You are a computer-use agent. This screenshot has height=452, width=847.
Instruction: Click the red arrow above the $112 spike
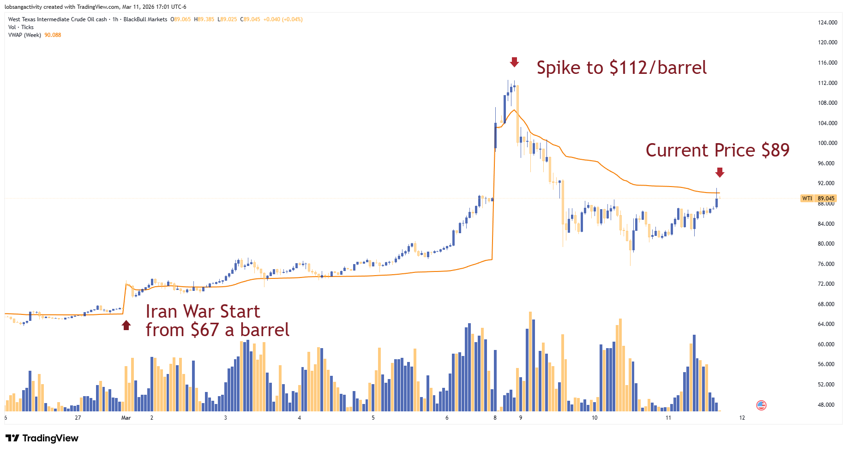(x=514, y=62)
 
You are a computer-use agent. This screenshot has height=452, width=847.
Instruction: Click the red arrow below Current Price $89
(x=720, y=173)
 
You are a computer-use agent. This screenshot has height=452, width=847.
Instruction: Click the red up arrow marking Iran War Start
(x=126, y=325)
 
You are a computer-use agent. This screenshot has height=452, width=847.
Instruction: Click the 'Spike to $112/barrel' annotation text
(x=621, y=68)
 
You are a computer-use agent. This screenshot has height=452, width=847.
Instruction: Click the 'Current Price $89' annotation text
(x=717, y=150)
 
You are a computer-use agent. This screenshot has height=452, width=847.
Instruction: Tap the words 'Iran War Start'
(x=203, y=312)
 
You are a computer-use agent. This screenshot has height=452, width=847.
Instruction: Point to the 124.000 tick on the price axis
(x=827, y=22)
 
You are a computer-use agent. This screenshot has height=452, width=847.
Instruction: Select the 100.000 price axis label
(x=827, y=143)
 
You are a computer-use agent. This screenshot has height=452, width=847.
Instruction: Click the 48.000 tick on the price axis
(x=826, y=405)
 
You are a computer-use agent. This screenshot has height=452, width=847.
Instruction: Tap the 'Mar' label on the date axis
(x=126, y=418)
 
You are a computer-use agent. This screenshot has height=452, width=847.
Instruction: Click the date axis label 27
(x=78, y=418)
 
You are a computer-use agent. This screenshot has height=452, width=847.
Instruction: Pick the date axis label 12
(x=742, y=418)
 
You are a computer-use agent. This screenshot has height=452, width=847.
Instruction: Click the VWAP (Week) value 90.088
(x=53, y=35)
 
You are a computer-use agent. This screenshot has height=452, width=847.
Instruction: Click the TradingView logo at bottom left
(x=42, y=438)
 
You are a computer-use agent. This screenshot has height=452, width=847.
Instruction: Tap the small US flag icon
(x=761, y=405)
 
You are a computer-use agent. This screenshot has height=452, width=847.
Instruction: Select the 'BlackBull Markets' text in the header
(x=145, y=19)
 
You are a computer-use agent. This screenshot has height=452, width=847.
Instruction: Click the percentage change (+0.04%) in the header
(x=293, y=19)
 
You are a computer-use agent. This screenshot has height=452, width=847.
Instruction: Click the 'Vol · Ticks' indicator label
(x=21, y=27)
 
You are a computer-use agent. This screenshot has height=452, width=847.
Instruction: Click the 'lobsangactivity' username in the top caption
(x=23, y=7)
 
